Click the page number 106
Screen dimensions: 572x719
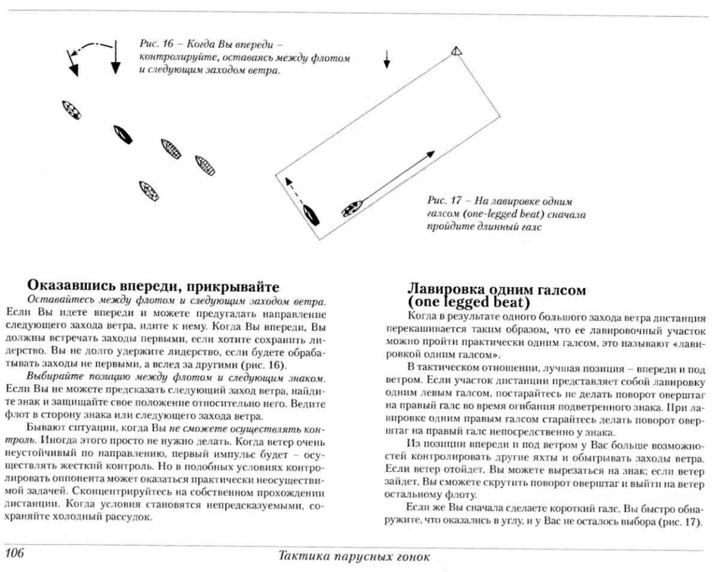(14, 552)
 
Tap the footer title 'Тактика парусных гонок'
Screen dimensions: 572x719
(354, 556)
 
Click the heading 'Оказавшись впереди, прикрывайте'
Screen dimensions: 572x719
(153, 286)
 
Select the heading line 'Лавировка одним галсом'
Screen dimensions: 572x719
(497, 290)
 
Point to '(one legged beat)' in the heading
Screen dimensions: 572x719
(469, 302)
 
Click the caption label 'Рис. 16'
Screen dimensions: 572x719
(156, 44)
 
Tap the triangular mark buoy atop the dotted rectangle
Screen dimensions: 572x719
(456, 52)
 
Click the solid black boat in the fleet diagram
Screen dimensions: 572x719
(123, 135)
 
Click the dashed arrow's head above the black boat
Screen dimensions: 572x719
(288, 181)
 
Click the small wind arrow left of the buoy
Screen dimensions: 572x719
(387, 59)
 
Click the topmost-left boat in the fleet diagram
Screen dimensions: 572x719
(71, 109)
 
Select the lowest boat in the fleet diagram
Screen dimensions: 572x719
(149, 191)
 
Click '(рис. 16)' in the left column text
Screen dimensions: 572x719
(264, 365)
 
